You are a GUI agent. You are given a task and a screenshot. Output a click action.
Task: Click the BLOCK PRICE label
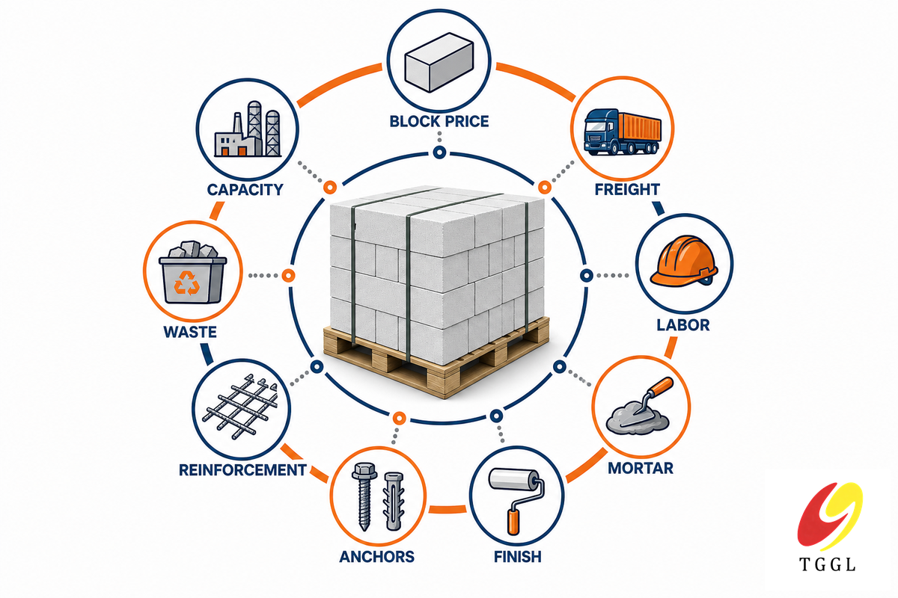[x=439, y=121]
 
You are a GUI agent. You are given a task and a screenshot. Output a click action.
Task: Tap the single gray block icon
[x=439, y=62]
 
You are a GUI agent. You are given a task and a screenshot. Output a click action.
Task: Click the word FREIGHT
[x=627, y=189]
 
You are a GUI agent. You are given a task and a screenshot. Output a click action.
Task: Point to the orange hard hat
[x=684, y=261]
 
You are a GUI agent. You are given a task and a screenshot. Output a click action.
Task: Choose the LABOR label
[x=683, y=325]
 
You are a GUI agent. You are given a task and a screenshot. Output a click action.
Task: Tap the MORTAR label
[x=641, y=468]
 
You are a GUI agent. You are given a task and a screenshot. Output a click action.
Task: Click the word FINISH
[x=518, y=557]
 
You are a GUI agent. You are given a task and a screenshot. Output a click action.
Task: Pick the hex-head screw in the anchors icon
[x=364, y=496]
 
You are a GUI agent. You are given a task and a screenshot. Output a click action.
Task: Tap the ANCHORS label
[x=377, y=557]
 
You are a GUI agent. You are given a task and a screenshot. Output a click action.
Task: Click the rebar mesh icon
[x=240, y=407]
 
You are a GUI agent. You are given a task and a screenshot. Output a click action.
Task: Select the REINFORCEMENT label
[x=242, y=470]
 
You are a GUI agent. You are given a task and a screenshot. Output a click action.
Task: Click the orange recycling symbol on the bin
[x=187, y=283]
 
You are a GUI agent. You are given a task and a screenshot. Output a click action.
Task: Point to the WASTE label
[x=190, y=332]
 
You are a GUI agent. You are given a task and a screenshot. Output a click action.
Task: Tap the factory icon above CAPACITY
[x=248, y=129]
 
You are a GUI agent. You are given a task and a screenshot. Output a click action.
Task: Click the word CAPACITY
[x=245, y=190]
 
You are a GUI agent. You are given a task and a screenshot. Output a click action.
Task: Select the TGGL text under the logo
[x=828, y=565]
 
